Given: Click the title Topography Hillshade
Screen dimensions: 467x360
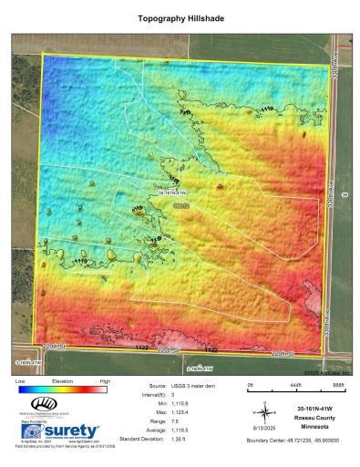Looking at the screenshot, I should click(x=180, y=17).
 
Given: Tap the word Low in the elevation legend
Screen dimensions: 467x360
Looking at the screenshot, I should click(x=21, y=379).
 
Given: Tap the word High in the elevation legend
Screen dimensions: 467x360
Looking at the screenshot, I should click(x=104, y=379).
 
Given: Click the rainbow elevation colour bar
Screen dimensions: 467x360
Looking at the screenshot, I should click(x=62, y=388).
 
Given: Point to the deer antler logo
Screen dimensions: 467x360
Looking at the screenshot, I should click(x=43, y=403).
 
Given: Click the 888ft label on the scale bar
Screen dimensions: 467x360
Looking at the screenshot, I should click(x=338, y=388).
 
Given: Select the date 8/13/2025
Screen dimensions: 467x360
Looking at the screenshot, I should click(x=262, y=429).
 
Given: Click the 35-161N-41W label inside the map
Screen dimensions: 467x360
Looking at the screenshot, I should click(x=172, y=192).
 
